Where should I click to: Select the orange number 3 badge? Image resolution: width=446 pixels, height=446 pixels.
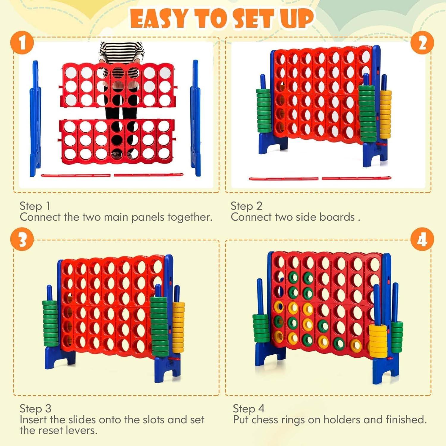(22, 240)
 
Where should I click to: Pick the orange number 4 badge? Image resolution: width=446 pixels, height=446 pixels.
(422, 240)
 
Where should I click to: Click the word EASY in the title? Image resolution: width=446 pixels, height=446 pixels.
(160, 19)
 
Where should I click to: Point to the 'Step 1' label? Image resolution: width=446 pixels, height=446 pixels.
(35, 206)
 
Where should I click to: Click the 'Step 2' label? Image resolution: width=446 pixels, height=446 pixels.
(246, 206)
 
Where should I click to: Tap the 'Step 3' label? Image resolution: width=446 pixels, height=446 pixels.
(35, 409)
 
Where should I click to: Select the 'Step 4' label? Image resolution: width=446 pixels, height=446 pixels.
(249, 409)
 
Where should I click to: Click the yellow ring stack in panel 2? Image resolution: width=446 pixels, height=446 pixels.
(385, 114)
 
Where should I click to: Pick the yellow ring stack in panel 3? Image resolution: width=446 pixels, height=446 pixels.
(178, 327)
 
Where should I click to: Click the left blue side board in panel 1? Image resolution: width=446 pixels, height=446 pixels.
(35, 119)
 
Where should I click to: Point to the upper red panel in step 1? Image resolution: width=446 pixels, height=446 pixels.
(118, 85)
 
